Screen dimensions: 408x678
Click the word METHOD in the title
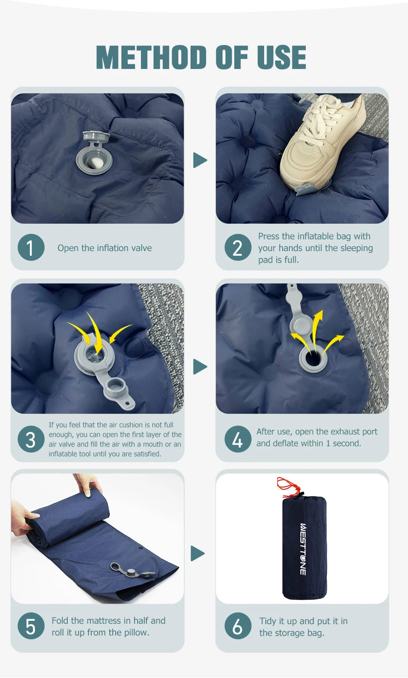(x=151, y=57)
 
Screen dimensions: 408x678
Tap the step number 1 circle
(x=31, y=247)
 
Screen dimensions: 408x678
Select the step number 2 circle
(x=238, y=247)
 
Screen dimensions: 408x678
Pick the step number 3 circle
(x=31, y=439)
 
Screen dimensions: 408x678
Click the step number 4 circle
(x=238, y=439)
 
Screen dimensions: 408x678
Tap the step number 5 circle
(x=31, y=626)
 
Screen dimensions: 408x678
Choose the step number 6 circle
(x=238, y=626)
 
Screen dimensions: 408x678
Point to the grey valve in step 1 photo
(x=95, y=152)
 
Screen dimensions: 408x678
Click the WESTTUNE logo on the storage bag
(x=303, y=549)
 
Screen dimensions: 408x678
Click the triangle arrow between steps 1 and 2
(x=200, y=160)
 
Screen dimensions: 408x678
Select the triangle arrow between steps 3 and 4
(x=200, y=366)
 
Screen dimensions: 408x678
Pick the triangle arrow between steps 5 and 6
(x=198, y=554)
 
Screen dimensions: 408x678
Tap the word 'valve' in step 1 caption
(x=141, y=248)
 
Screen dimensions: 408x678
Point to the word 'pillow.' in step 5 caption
(x=137, y=632)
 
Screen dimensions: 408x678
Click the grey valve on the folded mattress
(x=132, y=571)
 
